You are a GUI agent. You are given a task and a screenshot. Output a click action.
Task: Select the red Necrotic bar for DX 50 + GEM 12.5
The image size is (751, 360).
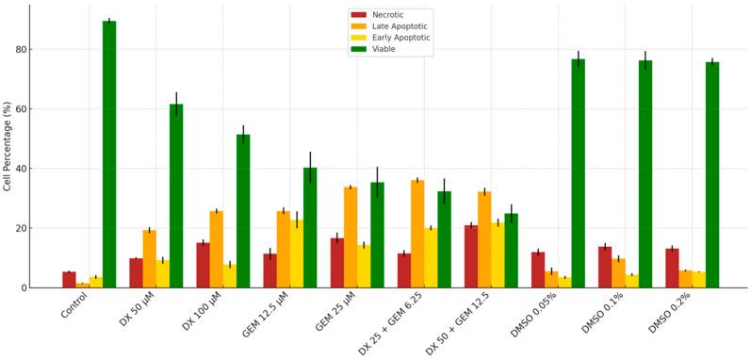(470, 256)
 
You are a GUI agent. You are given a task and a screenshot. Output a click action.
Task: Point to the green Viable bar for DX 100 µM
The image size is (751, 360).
(243, 211)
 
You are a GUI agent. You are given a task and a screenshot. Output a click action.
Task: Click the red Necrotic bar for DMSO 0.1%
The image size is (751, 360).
(604, 268)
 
